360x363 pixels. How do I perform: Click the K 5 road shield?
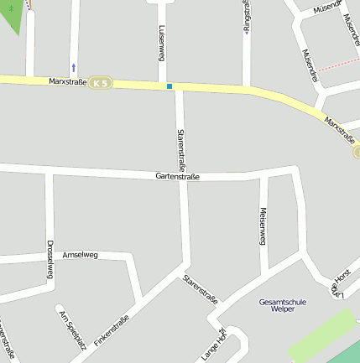(x=101, y=83)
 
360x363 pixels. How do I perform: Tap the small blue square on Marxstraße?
(x=170, y=86)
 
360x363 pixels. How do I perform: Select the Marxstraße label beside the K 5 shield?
(x=68, y=81)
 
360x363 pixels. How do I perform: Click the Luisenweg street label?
(x=160, y=41)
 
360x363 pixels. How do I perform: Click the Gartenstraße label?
(x=177, y=177)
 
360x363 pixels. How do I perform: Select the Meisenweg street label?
(x=263, y=226)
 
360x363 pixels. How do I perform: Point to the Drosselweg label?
(x=50, y=260)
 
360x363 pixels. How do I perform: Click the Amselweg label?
(x=81, y=254)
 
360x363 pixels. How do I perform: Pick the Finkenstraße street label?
(x=112, y=330)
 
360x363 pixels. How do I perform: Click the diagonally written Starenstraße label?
(x=200, y=288)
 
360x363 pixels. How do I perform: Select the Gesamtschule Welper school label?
(x=283, y=305)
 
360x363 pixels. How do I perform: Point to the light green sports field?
(x=323, y=335)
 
